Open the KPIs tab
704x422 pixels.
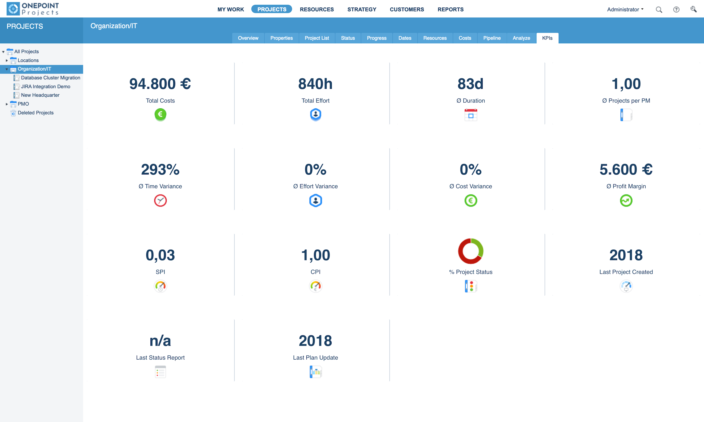pos(547,38)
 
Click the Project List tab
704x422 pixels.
pos(316,38)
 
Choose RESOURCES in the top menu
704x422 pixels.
pos(317,9)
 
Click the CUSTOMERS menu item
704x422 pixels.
pos(407,9)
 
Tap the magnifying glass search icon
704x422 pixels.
pos(659,10)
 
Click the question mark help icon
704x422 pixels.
pos(676,10)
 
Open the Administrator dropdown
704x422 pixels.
pos(625,9)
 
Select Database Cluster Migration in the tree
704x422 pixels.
pos(50,78)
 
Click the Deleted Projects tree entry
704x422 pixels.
pos(35,113)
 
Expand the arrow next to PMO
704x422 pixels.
pos(7,104)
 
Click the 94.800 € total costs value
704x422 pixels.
pos(160,84)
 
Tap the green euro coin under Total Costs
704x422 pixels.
pos(160,114)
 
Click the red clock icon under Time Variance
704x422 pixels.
pos(160,200)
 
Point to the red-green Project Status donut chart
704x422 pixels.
pos(471,251)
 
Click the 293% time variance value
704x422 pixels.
pos(160,170)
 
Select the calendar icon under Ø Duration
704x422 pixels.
pos(471,115)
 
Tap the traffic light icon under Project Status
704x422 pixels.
pos(471,286)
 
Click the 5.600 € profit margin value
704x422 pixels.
pos(626,170)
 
